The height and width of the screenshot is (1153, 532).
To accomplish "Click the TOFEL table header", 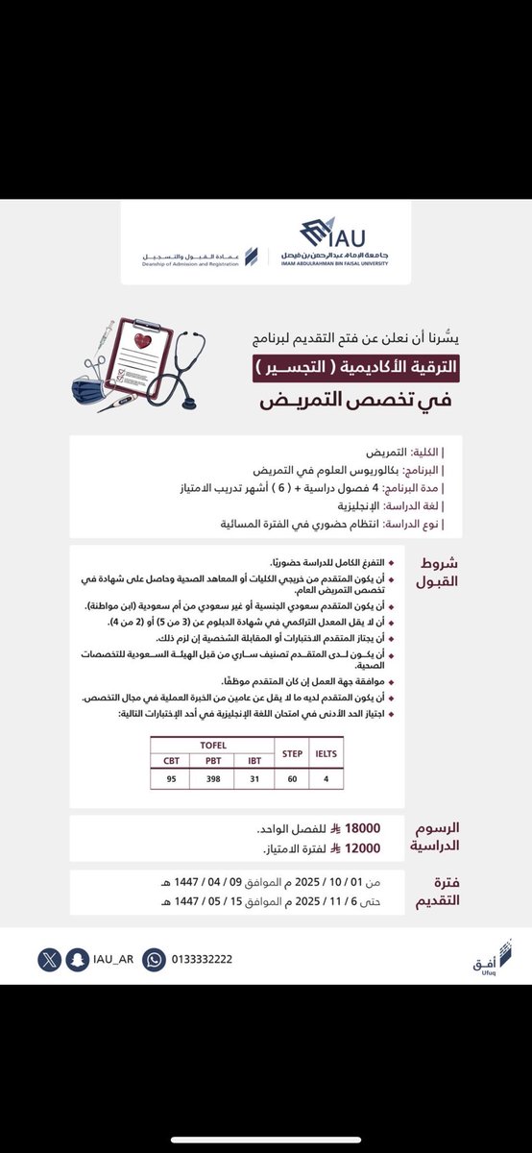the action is point(212,744).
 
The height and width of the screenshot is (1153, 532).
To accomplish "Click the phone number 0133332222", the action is point(202,958).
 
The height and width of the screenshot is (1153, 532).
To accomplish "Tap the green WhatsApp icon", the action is point(154,958).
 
